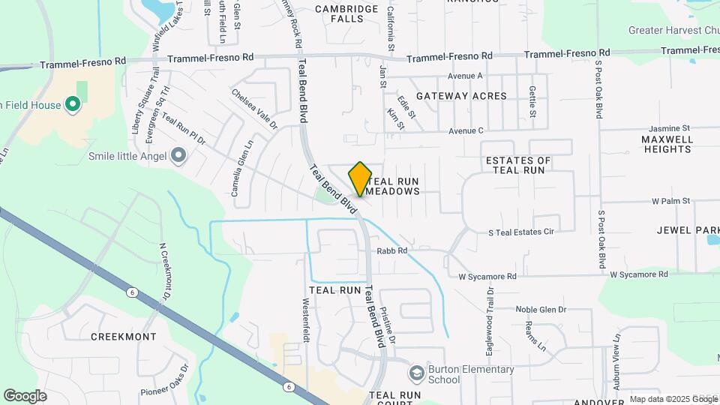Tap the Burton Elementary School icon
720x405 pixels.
coord(415,373)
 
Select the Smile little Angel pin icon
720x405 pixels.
coord(178,156)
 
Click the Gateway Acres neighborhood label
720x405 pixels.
coord(461,96)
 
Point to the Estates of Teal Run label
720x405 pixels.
coord(518,166)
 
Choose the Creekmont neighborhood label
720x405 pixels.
coord(124,337)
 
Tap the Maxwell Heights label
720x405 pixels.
coord(666,144)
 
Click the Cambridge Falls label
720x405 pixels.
coord(346,13)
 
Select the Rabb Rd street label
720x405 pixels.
coord(391,251)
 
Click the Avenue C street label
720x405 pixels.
coord(466,130)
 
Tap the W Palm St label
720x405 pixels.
coord(670,201)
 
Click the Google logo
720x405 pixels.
coord(25,395)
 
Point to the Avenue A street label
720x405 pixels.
coord(466,76)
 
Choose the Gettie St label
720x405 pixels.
coord(532,101)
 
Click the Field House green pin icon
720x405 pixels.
coord(73,105)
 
